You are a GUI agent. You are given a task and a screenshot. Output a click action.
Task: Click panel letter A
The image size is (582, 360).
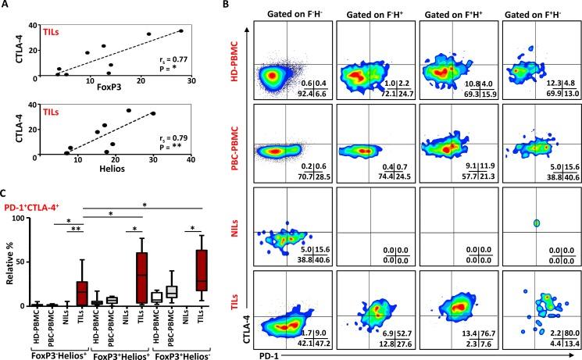(x=5, y=6)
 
